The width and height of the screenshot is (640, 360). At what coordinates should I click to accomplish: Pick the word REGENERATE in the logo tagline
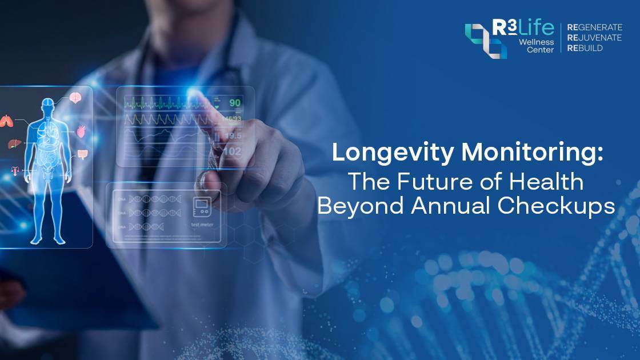pyautogui.click(x=594, y=27)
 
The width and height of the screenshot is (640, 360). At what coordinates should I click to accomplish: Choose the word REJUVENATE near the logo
pyautogui.click(x=594, y=38)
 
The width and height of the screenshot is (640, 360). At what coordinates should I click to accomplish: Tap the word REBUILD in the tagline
pyautogui.click(x=585, y=48)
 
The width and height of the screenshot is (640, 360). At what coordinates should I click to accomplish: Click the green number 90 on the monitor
pyautogui.click(x=235, y=103)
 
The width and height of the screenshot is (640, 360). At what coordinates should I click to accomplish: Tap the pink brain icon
pyautogui.click(x=75, y=98)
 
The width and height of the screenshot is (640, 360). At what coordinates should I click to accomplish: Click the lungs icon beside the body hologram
pyautogui.click(x=6, y=121)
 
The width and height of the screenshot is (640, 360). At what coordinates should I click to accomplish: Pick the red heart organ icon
pyautogui.click(x=81, y=131)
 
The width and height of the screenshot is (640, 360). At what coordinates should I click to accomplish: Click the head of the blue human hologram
pyautogui.click(x=47, y=104)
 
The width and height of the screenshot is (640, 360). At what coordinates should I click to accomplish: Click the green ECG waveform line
pyautogui.click(x=166, y=103)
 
